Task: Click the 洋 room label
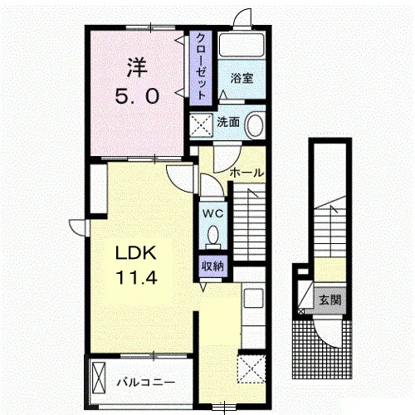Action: (x=137, y=67)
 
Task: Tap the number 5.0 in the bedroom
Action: (x=137, y=96)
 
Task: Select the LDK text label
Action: (x=136, y=253)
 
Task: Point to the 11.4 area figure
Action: (x=137, y=277)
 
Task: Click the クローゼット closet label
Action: (x=201, y=66)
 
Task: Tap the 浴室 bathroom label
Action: (x=242, y=78)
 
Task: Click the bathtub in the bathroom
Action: (x=242, y=45)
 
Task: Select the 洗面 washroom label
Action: (x=228, y=122)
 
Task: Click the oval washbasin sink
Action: (x=255, y=125)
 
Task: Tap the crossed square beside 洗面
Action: (x=202, y=125)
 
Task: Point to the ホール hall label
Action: (x=247, y=173)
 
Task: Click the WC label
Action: (x=212, y=213)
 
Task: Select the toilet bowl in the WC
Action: (x=212, y=235)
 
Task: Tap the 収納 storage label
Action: (x=212, y=266)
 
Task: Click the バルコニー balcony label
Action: (x=146, y=383)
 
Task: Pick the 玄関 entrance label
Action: (x=330, y=300)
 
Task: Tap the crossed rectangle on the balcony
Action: (x=99, y=377)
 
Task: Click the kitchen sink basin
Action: (x=253, y=298)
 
